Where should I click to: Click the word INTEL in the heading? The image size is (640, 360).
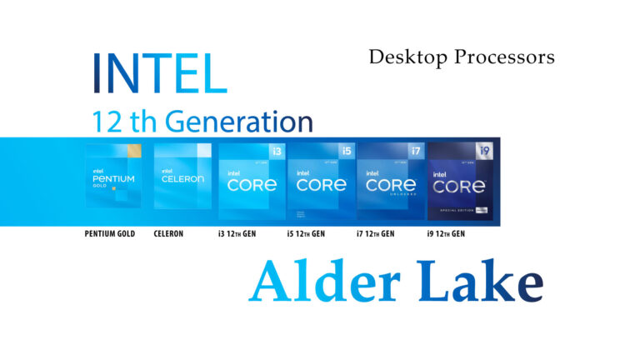coord(159,72)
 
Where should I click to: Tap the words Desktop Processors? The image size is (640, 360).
coord(461,57)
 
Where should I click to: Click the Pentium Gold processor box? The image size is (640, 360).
coord(112,176)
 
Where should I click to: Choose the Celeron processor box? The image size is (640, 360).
coord(181,176)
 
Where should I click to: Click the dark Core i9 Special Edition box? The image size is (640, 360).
coord(460,181)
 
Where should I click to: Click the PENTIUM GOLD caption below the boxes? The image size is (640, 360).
coord(109,234)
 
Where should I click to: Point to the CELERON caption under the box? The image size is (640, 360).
coord(169,234)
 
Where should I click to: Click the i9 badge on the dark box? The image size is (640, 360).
coord(483,151)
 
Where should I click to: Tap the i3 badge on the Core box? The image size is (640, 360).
coord(276,152)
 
